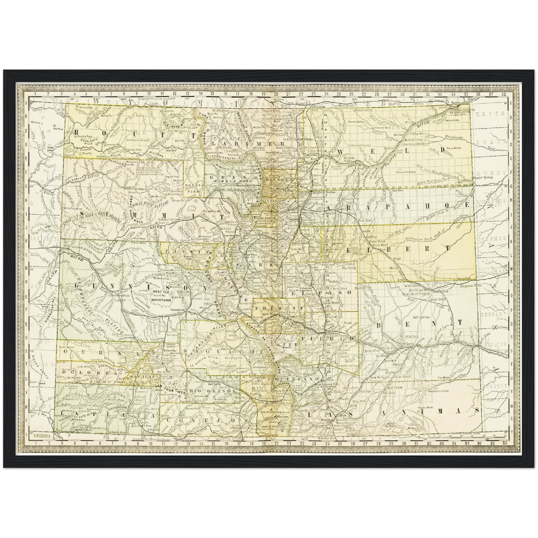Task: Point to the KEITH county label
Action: point(497,112)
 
